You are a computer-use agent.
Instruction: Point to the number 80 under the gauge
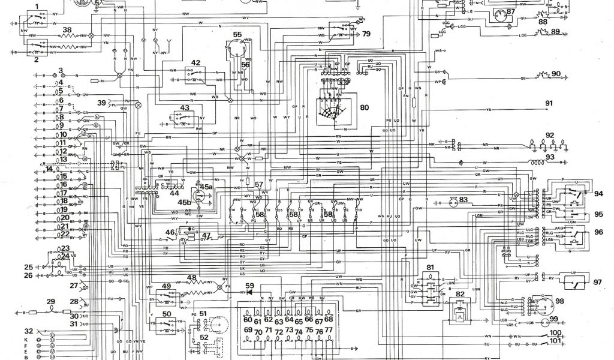coord(365,108)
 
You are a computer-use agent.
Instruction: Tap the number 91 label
coord(549,104)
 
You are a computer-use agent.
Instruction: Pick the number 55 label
coord(237,34)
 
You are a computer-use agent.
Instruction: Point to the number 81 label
coord(431,266)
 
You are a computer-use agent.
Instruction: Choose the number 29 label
coord(50,301)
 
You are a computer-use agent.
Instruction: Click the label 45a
coord(206,187)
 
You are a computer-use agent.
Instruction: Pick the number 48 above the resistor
coord(191,277)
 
